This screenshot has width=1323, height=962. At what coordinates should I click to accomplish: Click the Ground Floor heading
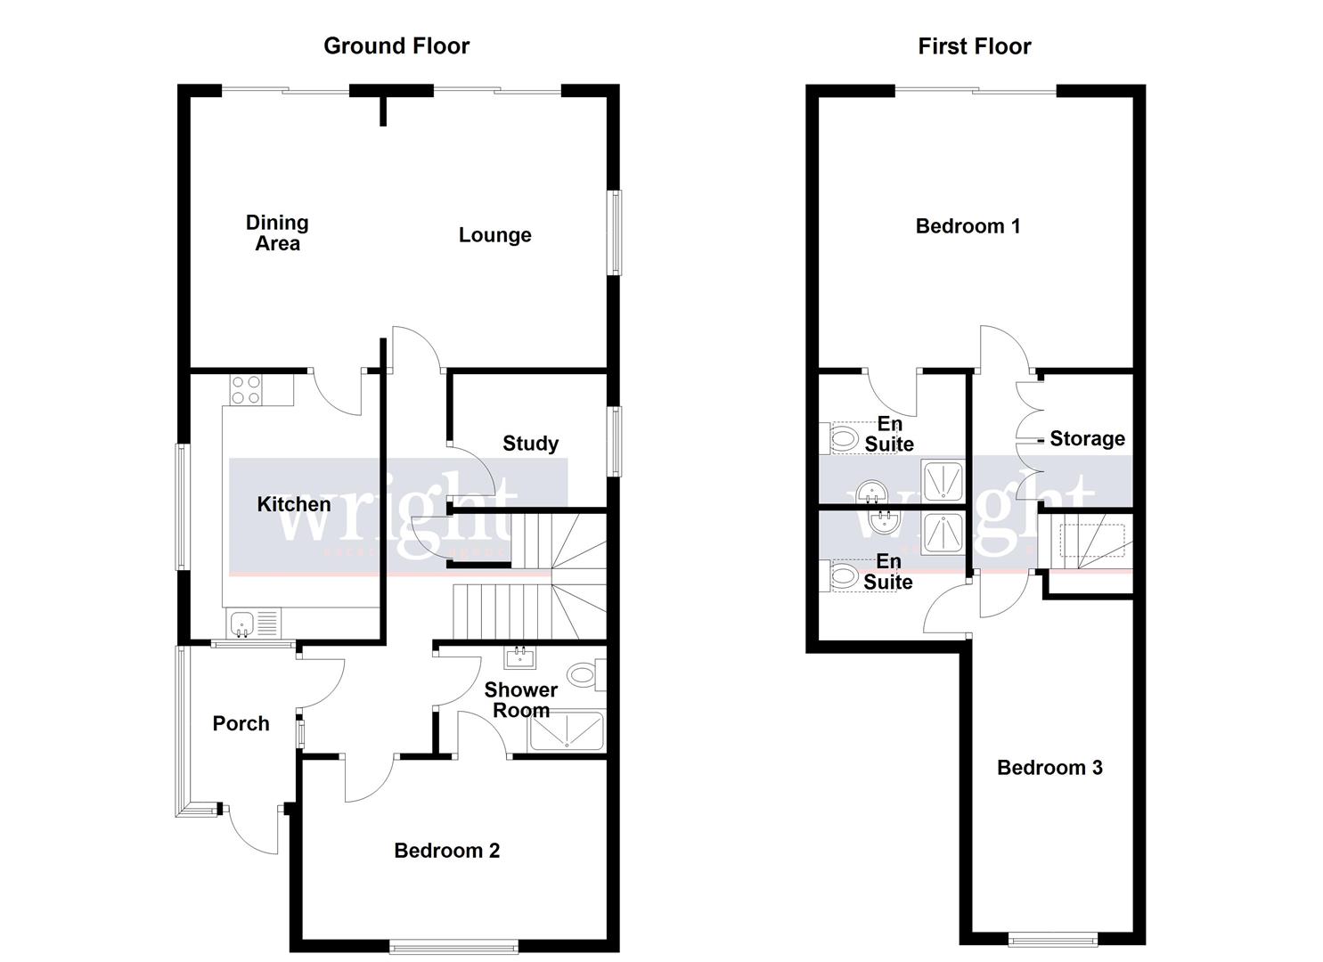(x=396, y=46)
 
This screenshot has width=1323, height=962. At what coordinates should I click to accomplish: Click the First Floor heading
(x=974, y=46)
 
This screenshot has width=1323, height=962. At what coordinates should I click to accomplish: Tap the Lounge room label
(x=494, y=235)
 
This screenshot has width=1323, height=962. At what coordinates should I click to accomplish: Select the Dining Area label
(x=277, y=233)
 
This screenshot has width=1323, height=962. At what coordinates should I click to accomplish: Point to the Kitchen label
(x=293, y=504)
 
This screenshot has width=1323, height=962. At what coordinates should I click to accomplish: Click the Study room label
(x=530, y=444)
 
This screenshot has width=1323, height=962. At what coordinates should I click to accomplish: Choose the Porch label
(x=241, y=723)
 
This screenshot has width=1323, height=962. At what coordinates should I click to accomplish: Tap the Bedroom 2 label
(x=446, y=851)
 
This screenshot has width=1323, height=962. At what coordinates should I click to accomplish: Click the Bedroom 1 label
(x=968, y=226)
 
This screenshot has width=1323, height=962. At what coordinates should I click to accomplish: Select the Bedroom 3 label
(x=1049, y=768)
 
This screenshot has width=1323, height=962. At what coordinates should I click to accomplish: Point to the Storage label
(x=1086, y=438)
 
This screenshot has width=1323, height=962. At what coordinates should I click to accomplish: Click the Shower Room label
(x=520, y=700)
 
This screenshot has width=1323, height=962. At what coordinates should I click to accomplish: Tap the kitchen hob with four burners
(x=247, y=390)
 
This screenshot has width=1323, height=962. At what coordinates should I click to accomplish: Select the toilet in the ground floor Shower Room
(x=584, y=675)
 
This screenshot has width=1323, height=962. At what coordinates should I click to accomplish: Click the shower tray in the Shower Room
(x=566, y=732)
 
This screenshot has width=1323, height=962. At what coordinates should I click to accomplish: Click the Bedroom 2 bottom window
(x=453, y=946)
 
